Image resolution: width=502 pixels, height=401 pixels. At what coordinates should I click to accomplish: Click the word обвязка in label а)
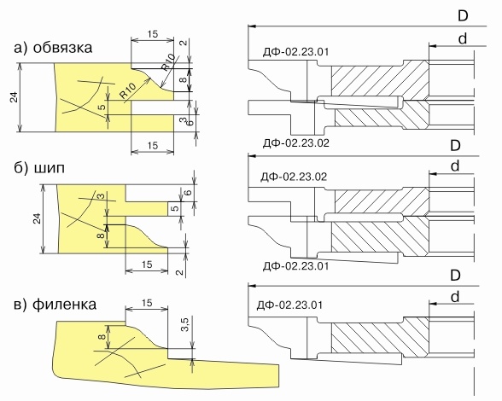point(62,48)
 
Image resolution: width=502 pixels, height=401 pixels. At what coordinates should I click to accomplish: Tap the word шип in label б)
point(49,168)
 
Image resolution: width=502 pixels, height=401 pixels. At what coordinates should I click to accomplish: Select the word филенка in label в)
point(64,304)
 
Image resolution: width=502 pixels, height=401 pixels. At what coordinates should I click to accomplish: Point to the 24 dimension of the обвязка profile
point(15,97)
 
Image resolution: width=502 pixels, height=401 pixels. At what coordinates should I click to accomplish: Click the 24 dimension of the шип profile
point(38,218)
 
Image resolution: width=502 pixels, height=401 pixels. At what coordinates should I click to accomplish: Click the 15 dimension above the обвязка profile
point(153,34)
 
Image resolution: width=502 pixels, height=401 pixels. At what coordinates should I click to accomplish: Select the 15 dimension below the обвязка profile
point(153,146)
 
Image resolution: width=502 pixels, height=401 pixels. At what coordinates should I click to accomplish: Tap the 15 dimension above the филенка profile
point(147,303)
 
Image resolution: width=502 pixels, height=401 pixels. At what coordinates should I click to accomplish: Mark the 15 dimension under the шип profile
point(147,264)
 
